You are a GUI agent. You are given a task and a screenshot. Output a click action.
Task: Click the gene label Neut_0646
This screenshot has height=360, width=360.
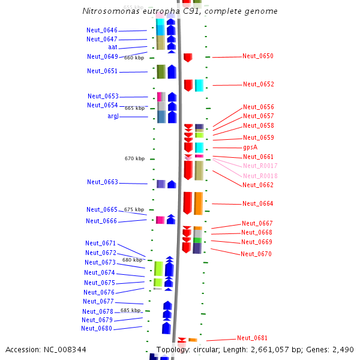102,30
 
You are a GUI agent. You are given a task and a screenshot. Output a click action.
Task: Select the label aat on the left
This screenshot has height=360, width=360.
113,47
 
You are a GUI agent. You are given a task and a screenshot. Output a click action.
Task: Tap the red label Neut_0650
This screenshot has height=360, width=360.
258,56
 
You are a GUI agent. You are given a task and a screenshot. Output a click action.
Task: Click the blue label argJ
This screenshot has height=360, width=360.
113,116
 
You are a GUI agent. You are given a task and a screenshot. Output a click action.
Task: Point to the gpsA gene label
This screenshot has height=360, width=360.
250,148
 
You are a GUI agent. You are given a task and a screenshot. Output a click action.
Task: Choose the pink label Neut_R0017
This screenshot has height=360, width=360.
260,166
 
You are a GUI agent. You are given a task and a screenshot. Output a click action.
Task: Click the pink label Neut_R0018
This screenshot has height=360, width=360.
260,176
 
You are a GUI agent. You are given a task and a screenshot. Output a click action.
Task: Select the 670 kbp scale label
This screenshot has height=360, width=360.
134,159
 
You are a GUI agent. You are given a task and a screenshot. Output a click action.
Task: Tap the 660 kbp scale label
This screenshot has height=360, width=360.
134,58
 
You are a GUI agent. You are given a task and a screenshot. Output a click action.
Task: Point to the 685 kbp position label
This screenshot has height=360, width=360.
130,311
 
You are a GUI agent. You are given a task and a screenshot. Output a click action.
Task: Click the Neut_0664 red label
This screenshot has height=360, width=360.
258,204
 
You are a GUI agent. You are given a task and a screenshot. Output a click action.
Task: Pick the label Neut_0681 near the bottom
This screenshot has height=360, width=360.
252,338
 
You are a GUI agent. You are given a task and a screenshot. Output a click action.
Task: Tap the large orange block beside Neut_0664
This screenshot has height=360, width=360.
198,203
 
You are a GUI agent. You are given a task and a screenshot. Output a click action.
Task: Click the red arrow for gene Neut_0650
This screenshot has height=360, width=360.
188,58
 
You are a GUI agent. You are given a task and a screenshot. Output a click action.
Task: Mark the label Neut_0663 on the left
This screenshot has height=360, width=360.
103,182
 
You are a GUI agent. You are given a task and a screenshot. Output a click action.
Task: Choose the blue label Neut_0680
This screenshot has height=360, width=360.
97,329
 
